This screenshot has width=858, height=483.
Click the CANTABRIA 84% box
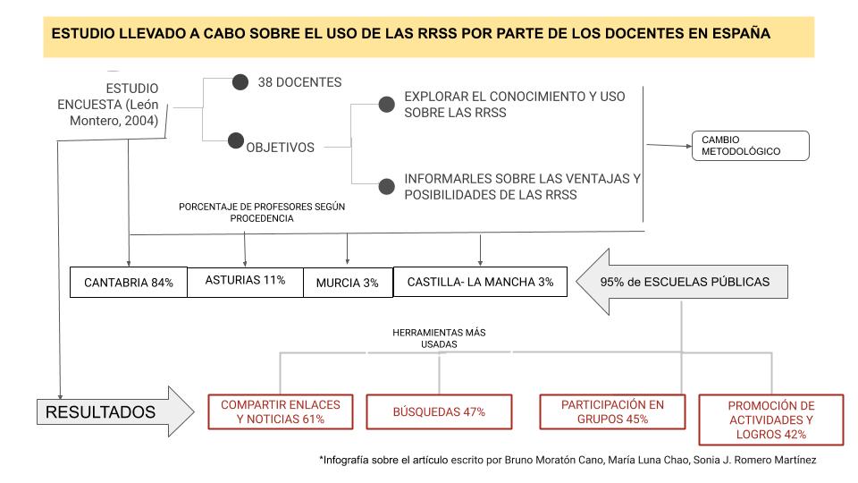tap(129, 283)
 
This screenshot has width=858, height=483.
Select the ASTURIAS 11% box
tap(245, 281)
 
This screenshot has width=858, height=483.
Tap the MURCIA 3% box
tap(348, 283)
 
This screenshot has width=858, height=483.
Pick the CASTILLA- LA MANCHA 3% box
tap(480, 282)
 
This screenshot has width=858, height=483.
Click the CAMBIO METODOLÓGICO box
tap(749, 146)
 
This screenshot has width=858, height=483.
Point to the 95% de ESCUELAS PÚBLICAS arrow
tap(684, 282)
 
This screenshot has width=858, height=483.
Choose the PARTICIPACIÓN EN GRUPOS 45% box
tap(612, 411)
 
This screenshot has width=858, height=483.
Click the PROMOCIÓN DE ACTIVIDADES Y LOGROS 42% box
tap(759, 419)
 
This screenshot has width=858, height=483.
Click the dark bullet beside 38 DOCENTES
tap(240, 82)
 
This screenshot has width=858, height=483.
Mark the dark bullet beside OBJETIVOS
tap(236, 140)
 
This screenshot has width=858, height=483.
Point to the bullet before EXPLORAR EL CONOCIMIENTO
tap(386, 105)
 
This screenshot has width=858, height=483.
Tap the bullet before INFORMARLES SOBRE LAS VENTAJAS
tap(386, 187)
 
